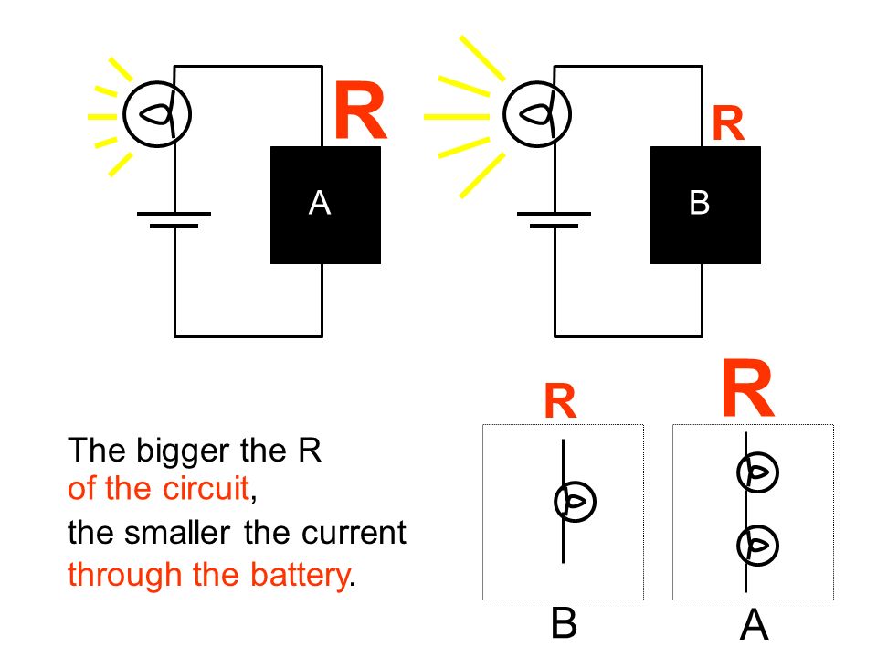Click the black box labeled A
(325, 205)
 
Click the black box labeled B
(705, 205)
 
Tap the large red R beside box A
(360, 111)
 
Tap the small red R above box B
(728, 123)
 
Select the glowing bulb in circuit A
(157, 114)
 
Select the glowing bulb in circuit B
(537, 114)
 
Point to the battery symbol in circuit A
(174, 219)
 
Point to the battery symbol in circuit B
(554, 219)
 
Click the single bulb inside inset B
(575, 502)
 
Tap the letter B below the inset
(564, 622)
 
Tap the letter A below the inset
(754, 624)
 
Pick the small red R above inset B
(560, 401)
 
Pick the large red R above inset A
(748, 388)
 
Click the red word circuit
(206, 488)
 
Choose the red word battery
(300, 576)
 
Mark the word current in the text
(354, 533)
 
